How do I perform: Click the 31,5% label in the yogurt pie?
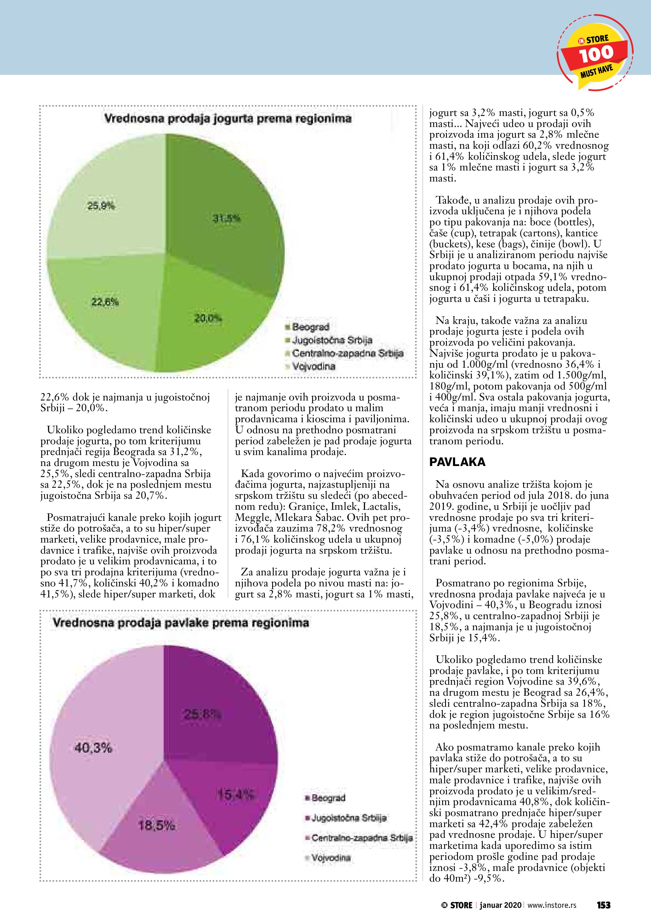point(227,219)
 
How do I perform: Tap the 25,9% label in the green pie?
point(101,206)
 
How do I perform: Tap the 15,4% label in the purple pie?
point(236,794)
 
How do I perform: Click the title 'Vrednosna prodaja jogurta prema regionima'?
point(228,119)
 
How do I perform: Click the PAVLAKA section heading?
point(457,462)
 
